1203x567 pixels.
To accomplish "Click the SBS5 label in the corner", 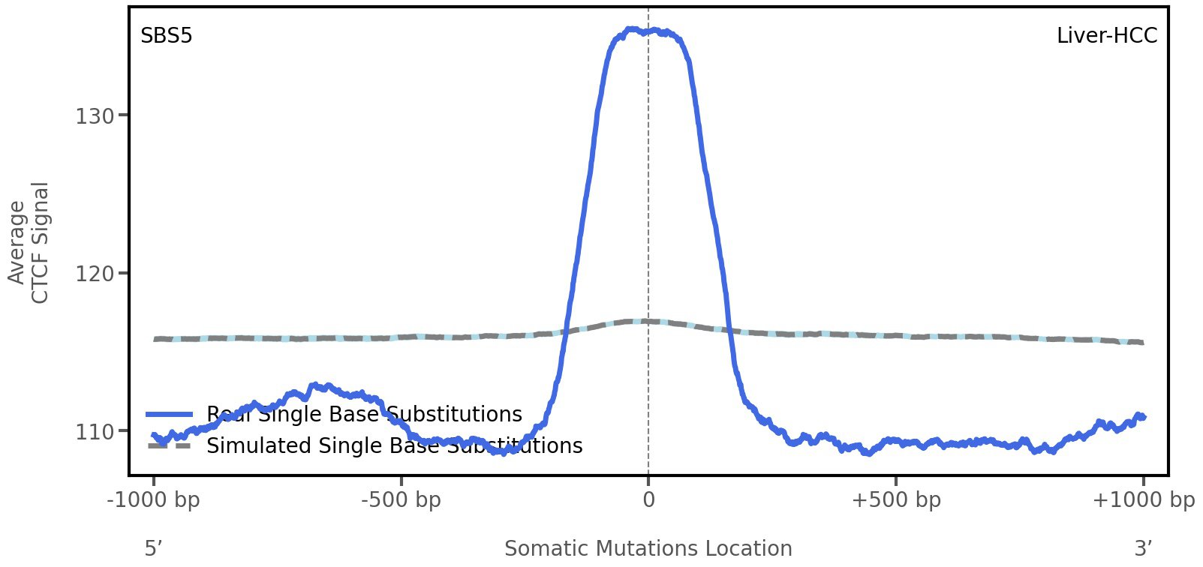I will pyautogui.click(x=167, y=36).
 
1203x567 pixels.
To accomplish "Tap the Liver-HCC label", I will pyautogui.click(x=1106, y=36).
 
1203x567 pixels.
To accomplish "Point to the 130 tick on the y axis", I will pyautogui.click(x=95, y=116).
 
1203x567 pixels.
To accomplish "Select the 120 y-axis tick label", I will pyautogui.click(x=95, y=274).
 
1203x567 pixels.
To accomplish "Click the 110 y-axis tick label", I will pyautogui.click(x=95, y=432).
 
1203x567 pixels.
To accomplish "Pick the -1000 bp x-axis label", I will pyautogui.click(x=154, y=500).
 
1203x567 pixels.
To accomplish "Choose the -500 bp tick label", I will pyautogui.click(x=401, y=500).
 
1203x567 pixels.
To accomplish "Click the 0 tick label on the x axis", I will pyautogui.click(x=648, y=500).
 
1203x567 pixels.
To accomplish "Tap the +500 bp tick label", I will pyautogui.click(x=896, y=500).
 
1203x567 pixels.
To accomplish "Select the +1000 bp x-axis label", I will pyautogui.click(x=1143, y=500).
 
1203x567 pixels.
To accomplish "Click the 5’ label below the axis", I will pyautogui.click(x=154, y=549).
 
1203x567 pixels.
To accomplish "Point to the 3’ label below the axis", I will pyautogui.click(x=1143, y=549).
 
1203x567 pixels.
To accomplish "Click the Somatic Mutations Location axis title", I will pyautogui.click(x=648, y=549).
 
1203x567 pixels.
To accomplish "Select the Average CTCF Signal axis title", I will pyautogui.click(x=29, y=242).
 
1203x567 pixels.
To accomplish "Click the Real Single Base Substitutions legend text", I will pyautogui.click(x=364, y=415).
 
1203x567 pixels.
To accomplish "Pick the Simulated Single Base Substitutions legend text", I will pyautogui.click(x=394, y=446).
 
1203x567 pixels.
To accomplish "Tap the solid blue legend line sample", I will pyautogui.click(x=170, y=415).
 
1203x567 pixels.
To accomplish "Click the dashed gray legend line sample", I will pyautogui.click(x=170, y=446).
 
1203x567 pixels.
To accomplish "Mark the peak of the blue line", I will pyautogui.click(x=634, y=30).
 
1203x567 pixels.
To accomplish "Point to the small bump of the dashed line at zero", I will pyautogui.click(x=648, y=321).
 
